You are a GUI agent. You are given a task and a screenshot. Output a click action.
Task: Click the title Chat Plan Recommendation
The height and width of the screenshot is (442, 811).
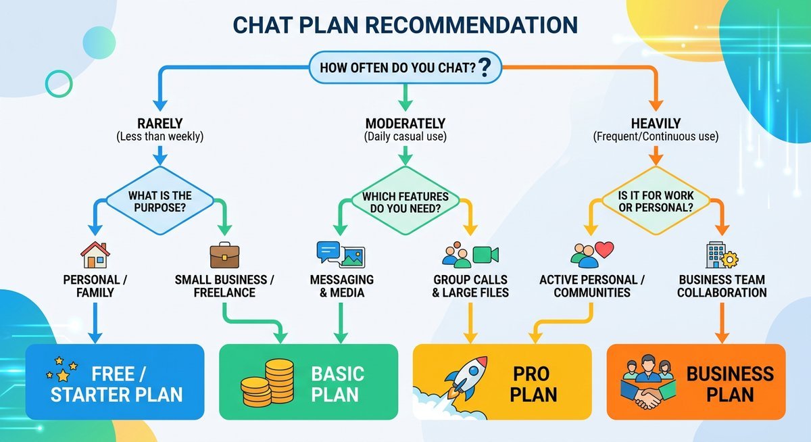405,25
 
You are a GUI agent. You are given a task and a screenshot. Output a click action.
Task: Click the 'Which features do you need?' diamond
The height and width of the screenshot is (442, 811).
405,201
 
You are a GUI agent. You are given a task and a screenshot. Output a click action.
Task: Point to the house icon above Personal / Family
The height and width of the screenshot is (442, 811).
95,255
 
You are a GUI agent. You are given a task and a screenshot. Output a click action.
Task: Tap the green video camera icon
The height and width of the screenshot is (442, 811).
485,255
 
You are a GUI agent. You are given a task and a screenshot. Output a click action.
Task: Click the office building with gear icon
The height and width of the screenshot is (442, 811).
718,255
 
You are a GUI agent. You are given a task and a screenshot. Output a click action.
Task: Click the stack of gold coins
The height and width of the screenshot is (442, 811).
268,383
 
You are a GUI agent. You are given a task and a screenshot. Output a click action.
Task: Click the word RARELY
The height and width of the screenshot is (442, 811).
159,124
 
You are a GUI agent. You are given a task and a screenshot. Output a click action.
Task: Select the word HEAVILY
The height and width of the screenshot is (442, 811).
656,124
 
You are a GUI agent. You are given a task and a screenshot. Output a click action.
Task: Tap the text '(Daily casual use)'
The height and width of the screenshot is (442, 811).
405,137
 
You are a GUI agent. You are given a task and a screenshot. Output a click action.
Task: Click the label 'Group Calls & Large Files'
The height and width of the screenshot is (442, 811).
470,286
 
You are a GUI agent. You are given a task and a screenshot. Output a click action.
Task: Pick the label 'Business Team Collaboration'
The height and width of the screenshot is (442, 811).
722,286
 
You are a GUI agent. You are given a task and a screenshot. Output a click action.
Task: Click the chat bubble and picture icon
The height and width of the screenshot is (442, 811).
341,253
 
